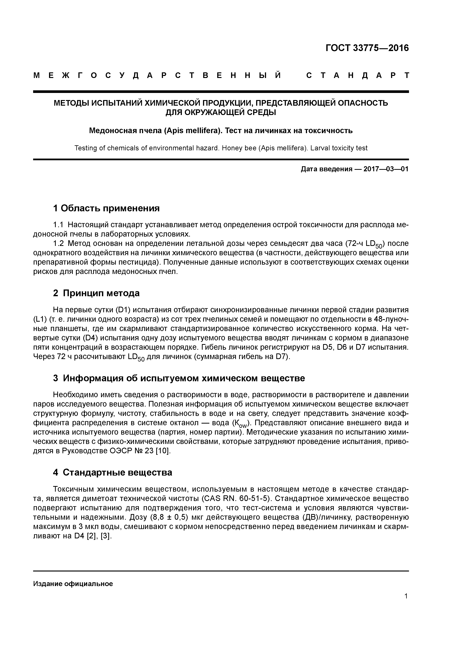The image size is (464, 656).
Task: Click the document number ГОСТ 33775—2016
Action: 367,48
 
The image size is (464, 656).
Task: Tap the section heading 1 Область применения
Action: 106,208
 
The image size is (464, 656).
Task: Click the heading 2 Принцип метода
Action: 96,293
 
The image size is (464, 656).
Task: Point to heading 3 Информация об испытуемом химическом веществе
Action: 179,378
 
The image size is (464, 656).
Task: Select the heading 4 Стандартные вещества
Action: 113,473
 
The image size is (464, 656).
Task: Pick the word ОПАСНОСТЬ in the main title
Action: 363,103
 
